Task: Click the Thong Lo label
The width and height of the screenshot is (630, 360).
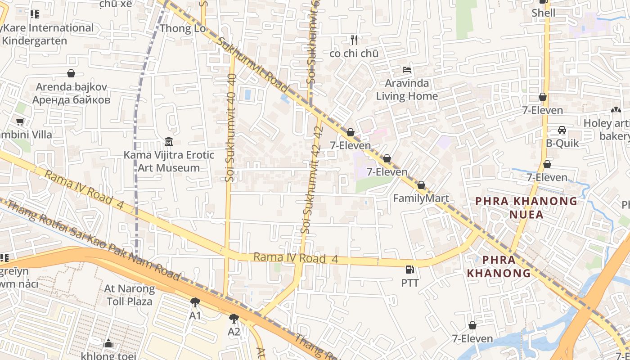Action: pos(183,28)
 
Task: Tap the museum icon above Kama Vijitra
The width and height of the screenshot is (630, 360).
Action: pos(169,142)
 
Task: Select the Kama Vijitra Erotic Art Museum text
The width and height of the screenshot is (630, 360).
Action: pos(169,161)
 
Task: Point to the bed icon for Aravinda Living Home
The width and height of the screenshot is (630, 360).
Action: pos(407,70)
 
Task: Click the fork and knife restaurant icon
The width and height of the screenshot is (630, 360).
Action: pos(354,40)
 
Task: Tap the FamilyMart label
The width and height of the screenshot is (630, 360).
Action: pos(421,198)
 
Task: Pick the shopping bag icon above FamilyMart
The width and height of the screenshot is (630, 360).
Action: pos(421,185)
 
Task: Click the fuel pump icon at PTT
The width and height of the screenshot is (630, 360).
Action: pos(409,270)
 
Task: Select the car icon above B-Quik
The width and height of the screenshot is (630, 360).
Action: pos(562,130)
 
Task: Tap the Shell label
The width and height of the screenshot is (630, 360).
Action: pos(543,13)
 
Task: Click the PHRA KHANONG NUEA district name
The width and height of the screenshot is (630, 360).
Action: pos(526,207)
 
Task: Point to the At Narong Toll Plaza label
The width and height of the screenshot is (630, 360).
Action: pos(129,295)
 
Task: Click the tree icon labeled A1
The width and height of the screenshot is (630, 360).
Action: pos(195,302)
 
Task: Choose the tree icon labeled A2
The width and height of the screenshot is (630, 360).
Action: pos(234,319)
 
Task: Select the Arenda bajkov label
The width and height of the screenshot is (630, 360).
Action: pos(71,87)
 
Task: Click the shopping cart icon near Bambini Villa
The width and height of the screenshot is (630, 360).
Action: pos(20,121)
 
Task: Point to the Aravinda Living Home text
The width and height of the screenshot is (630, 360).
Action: pos(407,90)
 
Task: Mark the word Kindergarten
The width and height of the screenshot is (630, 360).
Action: pos(34,40)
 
